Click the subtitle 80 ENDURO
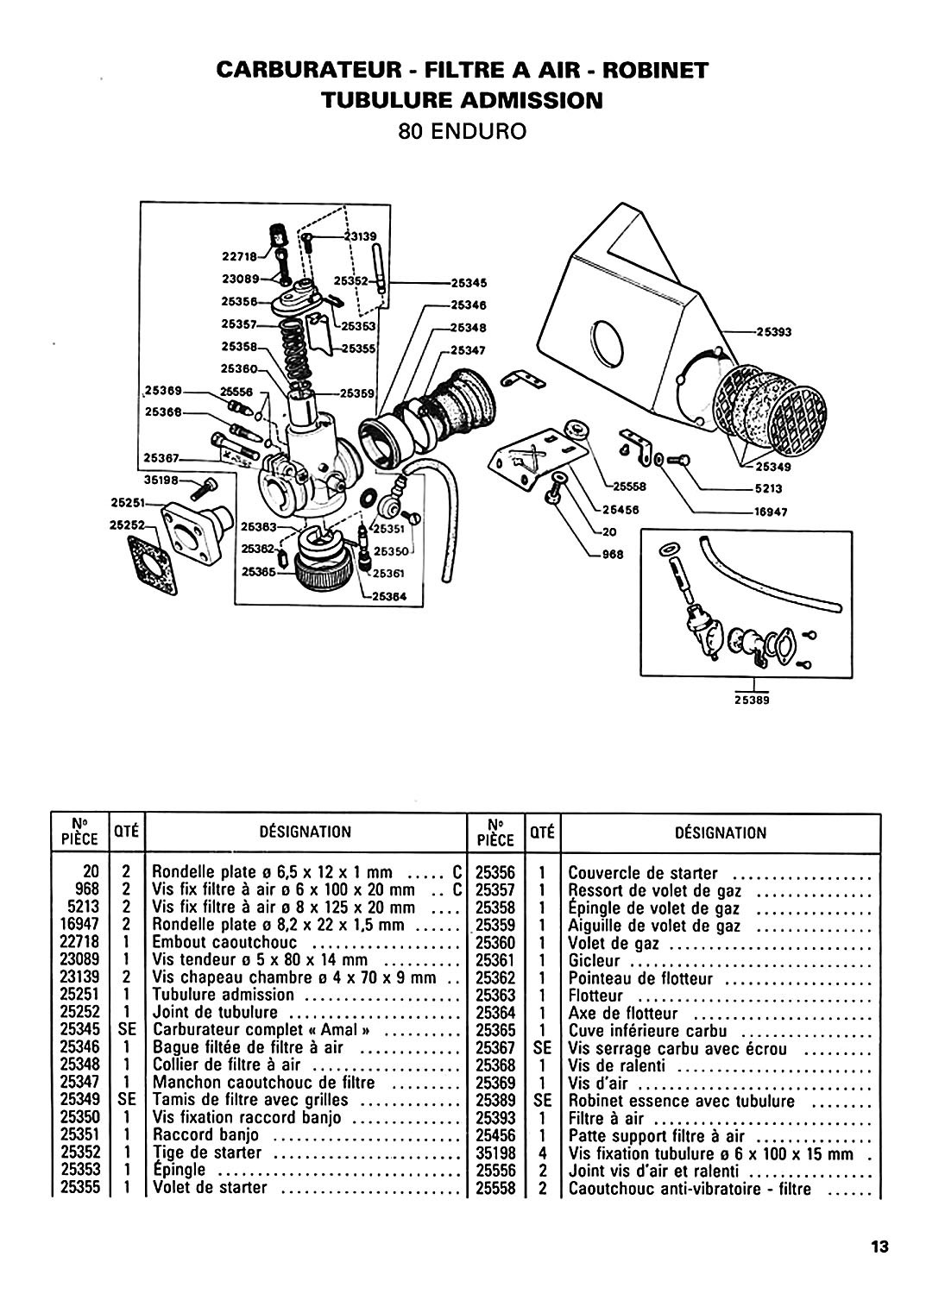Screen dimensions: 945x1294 [x=462, y=132]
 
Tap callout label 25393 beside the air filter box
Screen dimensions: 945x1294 [x=773, y=331]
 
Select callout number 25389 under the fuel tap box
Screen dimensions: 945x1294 [x=752, y=700]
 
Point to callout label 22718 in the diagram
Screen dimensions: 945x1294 [x=239, y=255]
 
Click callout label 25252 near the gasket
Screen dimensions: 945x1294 [x=126, y=525]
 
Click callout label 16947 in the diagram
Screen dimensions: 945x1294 [x=771, y=512]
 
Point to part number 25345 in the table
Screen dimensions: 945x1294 [x=80, y=1030]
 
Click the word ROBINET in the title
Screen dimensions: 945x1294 [x=655, y=71]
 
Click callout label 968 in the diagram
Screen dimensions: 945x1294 [x=613, y=555]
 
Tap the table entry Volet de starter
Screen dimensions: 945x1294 [x=209, y=1188]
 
